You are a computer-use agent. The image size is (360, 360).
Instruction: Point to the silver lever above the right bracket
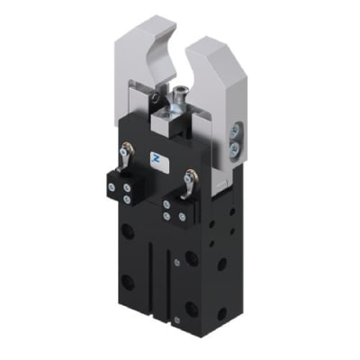(188, 183)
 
